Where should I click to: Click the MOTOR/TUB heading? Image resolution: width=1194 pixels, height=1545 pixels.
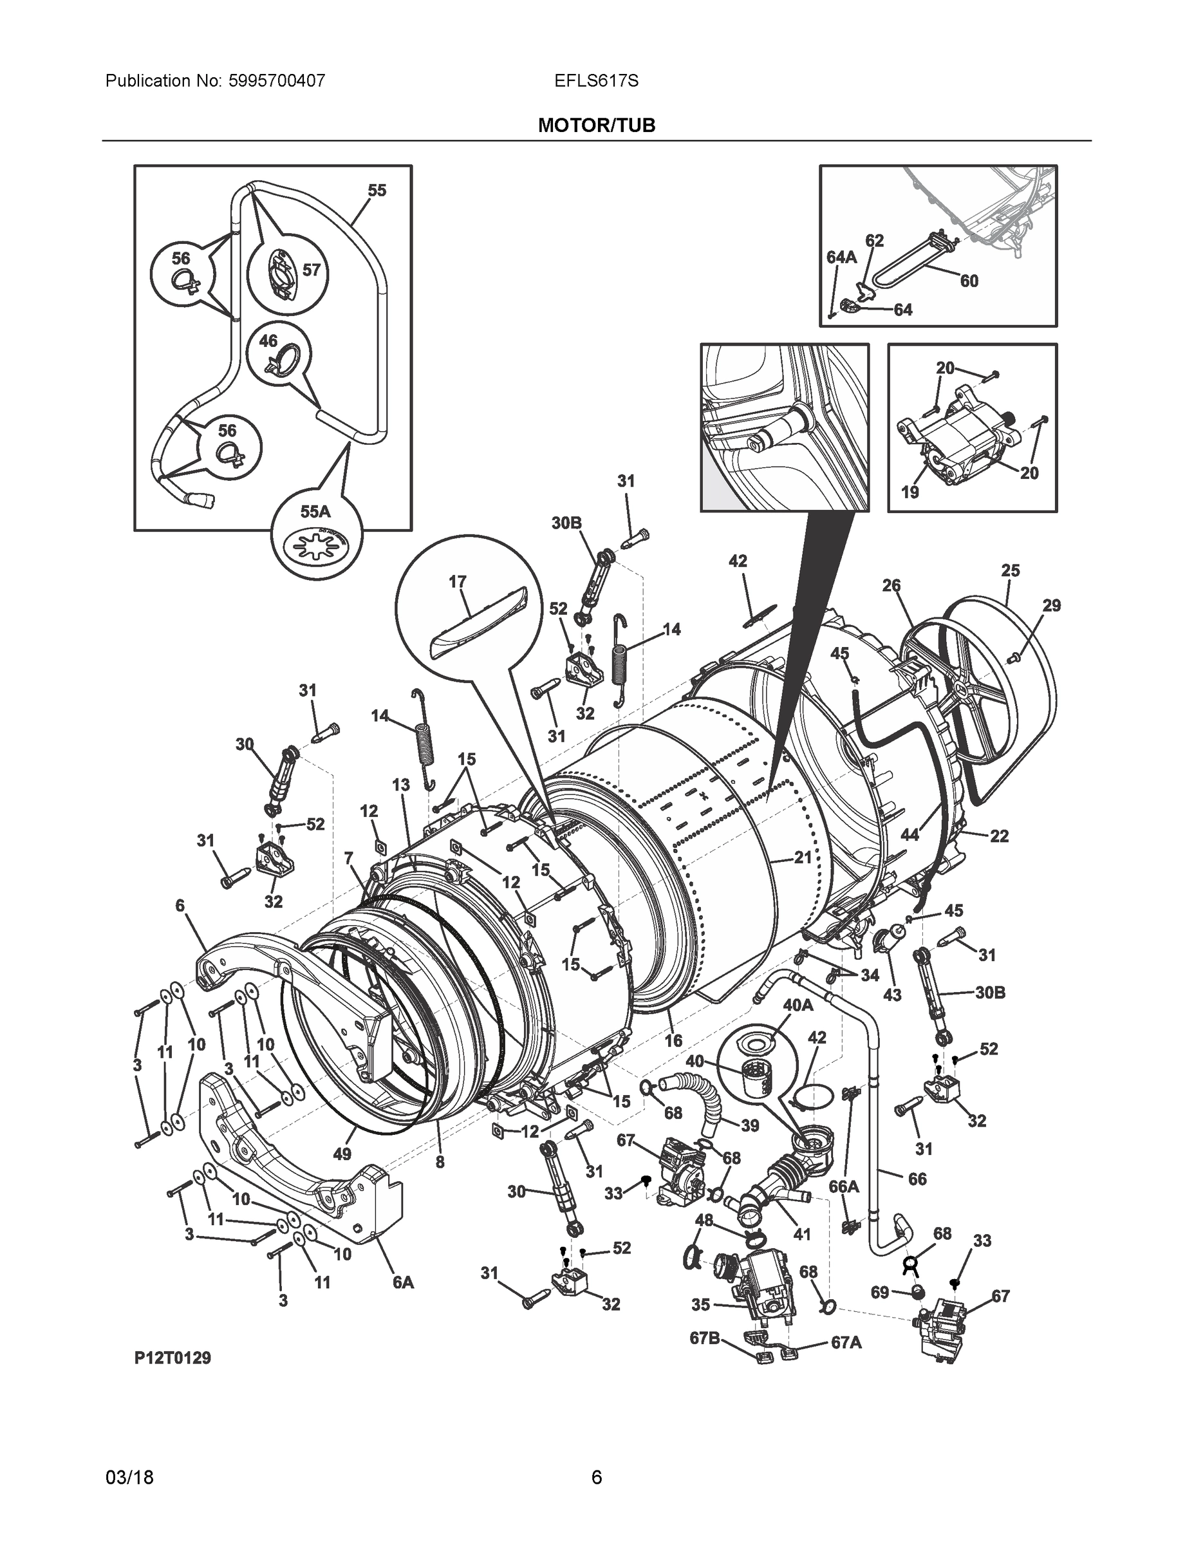pyautogui.click(x=596, y=126)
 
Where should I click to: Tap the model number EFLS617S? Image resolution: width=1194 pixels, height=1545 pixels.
pyautogui.click(x=596, y=80)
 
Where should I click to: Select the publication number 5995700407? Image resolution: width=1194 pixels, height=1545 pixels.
pyautogui.click(x=277, y=80)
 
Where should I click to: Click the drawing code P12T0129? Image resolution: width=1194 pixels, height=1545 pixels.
pyautogui.click(x=173, y=1358)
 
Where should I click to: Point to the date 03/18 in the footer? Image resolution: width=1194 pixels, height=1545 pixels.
pyautogui.click(x=129, y=1478)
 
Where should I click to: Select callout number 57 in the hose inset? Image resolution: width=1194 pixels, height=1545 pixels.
pyautogui.click(x=312, y=270)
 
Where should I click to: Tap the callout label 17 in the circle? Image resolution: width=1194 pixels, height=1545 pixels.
pyautogui.click(x=458, y=581)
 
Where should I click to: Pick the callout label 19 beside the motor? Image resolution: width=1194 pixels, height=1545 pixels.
pyautogui.click(x=909, y=492)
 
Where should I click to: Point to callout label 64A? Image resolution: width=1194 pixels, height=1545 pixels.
pyautogui.click(x=841, y=257)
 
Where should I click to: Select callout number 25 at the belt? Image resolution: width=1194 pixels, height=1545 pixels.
pyautogui.click(x=1011, y=570)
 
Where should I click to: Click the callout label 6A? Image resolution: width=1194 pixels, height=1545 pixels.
pyautogui.click(x=403, y=1282)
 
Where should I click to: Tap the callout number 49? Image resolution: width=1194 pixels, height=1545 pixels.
pyautogui.click(x=342, y=1154)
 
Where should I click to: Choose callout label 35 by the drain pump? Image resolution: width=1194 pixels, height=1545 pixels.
pyautogui.click(x=700, y=1304)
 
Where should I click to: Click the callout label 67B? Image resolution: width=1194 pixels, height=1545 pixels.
pyautogui.click(x=705, y=1338)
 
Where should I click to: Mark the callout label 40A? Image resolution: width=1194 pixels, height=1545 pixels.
pyautogui.click(x=798, y=1004)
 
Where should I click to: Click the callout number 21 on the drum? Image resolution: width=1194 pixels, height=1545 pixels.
pyautogui.click(x=802, y=857)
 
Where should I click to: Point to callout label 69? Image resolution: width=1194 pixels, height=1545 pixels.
pyautogui.click(x=879, y=1293)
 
